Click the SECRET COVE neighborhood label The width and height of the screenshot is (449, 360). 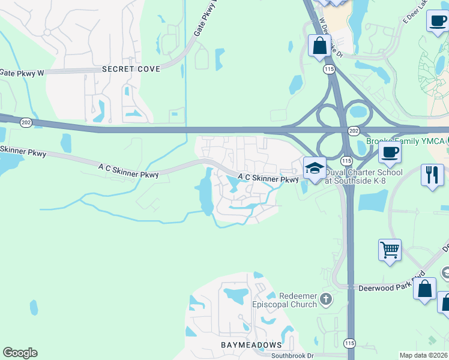(x=131, y=69)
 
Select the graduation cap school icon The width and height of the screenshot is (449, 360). (x=314, y=168)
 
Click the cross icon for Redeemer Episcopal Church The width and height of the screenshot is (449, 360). (x=325, y=299)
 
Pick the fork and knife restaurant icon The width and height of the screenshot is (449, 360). (x=432, y=175)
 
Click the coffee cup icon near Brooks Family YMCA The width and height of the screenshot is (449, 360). (x=390, y=153)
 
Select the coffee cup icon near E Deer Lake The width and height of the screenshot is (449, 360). (x=437, y=20)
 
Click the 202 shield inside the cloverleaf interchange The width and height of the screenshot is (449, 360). (x=354, y=130)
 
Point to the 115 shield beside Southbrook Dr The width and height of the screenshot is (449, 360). (x=349, y=343)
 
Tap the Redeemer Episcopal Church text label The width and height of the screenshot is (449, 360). (x=298, y=300)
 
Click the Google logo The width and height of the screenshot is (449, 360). (x=20, y=353)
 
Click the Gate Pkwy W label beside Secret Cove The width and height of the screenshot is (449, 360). (x=22, y=73)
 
